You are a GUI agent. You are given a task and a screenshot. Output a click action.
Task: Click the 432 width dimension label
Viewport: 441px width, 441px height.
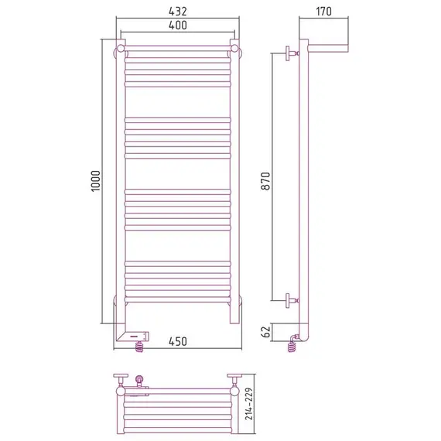(x=178, y=12)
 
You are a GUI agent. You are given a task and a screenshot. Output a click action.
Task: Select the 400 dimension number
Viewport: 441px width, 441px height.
(x=178, y=26)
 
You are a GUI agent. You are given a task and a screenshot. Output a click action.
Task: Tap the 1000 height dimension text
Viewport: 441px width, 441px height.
(x=96, y=181)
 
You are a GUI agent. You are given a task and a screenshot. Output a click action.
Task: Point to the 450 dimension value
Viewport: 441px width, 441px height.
(x=178, y=341)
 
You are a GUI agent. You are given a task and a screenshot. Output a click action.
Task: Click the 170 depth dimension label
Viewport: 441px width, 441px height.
(x=323, y=12)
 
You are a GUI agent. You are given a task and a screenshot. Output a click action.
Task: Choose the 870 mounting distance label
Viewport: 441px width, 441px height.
(x=266, y=181)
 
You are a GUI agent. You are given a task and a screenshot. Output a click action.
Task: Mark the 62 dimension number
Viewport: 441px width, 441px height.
(x=266, y=331)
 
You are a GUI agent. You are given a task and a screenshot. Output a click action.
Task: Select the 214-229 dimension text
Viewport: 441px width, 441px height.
(x=249, y=404)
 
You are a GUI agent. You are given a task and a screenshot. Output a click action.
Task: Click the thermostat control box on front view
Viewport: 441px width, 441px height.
(x=137, y=336)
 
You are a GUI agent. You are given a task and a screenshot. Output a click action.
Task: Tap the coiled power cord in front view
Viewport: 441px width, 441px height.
(x=139, y=347)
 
